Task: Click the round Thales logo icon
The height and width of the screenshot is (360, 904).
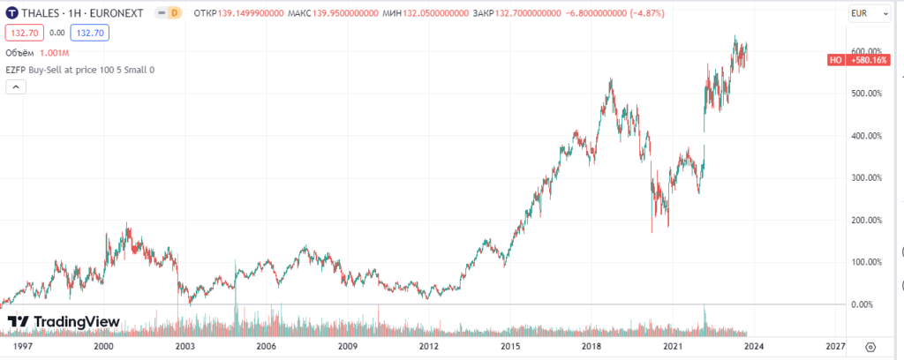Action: tap(11, 12)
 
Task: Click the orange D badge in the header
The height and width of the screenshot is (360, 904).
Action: tap(175, 12)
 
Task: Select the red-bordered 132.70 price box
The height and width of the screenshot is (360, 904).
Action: tap(23, 34)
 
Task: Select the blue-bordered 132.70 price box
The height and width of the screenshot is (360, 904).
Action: tap(89, 34)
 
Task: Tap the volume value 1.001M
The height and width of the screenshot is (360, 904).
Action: tap(54, 54)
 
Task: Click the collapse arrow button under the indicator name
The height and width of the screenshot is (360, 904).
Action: tap(16, 87)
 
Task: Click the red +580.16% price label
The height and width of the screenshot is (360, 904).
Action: tap(867, 60)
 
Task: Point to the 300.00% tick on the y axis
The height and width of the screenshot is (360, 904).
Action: tap(867, 178)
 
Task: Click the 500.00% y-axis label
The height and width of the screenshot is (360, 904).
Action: tap(867, 94)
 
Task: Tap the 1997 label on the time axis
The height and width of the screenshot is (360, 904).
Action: tap(22, 346)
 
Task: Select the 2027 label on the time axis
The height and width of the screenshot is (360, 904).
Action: tap(835, 346)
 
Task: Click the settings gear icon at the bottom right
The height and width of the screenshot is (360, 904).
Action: tap(870, 347)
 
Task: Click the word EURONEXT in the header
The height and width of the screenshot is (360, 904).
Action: tap(120, 12)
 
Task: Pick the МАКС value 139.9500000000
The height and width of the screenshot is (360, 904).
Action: tap(345, 12)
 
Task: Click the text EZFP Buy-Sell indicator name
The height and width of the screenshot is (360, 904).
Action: tap(80, 70)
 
